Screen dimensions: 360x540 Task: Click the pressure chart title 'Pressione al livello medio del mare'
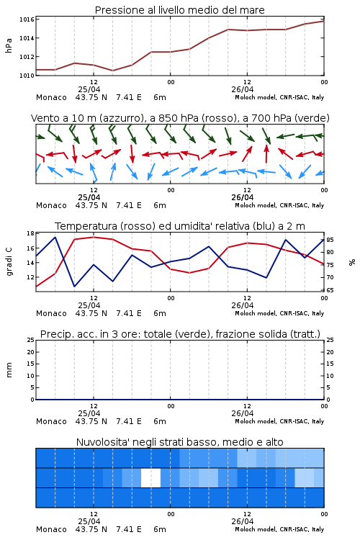click(x=179, y=10)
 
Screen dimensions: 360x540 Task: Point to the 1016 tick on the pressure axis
click(x=27, y=19)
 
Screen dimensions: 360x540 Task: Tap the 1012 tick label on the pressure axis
click(x=27, y=57)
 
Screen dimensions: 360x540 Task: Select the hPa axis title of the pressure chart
click(x=9, y=45)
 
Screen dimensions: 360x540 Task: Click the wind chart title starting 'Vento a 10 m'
click(x=180, y=118)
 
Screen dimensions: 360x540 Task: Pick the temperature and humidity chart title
click(x=180, y=226)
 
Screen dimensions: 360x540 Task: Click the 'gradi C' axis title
click(x=9, y=262)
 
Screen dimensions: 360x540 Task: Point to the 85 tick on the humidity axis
click(x=330, y=240)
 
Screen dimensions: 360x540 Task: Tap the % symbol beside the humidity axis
click(x=352, y=262)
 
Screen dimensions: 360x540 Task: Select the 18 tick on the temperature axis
click(x=30, y=233)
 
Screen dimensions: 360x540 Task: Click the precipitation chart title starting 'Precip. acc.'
click(x=180, y=334)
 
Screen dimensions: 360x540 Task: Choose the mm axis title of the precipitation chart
click(x=9, y=370)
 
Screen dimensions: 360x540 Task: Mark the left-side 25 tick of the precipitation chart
click(x=30, y=340)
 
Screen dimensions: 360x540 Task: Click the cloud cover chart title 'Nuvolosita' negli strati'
click(x=179, y=442)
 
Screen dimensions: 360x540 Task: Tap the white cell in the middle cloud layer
click(x=151, y=477)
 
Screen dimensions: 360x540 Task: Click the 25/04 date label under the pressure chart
click(x=89, y=89)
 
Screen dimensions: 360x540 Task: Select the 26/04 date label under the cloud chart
click(x=243, y=521)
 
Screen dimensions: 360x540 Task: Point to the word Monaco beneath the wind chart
click(x=51, y=205)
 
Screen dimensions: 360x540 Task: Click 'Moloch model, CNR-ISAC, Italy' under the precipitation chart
click(x=279, y=421)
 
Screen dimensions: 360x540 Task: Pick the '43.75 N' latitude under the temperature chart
click(x=91, y=313)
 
